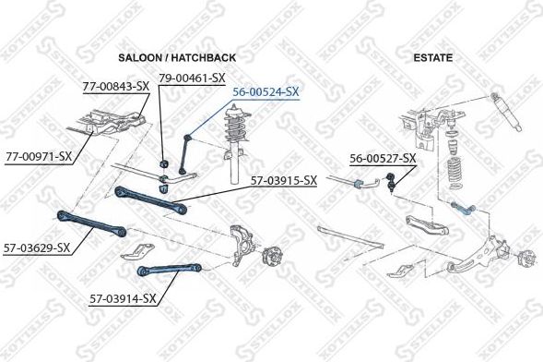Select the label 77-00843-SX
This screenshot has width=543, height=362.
click(x=116, y=86)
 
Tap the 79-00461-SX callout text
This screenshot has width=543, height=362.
click(x=192, y=78)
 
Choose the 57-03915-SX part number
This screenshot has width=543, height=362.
click(x=283, y=180)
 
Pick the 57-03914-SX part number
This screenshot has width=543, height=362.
click(x=124, y=298)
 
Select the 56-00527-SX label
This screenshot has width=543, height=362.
click(x=383, y=158)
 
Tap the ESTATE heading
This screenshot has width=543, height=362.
click(x=433, y=57)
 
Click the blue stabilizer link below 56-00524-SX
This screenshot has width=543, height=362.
click(x=188, y=153)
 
